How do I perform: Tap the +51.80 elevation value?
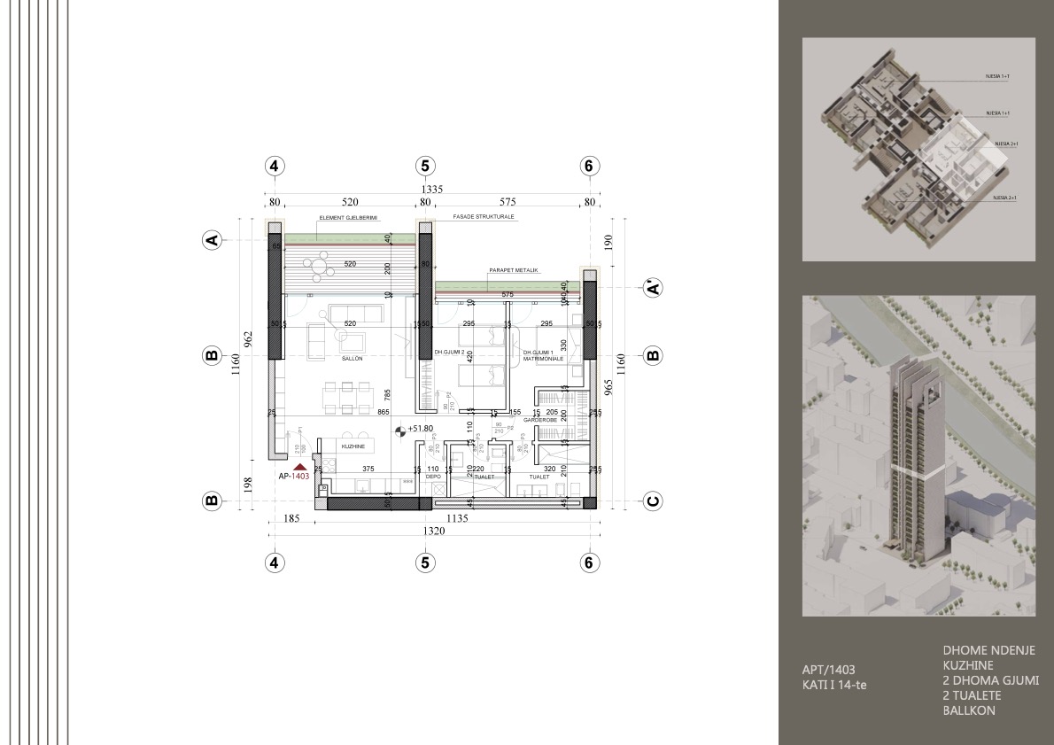420,429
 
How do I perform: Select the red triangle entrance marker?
300,465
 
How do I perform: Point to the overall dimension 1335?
431,189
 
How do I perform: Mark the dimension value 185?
290,519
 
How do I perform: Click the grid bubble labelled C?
653,501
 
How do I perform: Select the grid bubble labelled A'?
653,288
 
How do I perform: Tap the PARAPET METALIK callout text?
514,269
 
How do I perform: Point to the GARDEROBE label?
539,420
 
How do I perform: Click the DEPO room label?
433,477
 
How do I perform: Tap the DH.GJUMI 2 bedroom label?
449,353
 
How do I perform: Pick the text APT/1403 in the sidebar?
828,670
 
